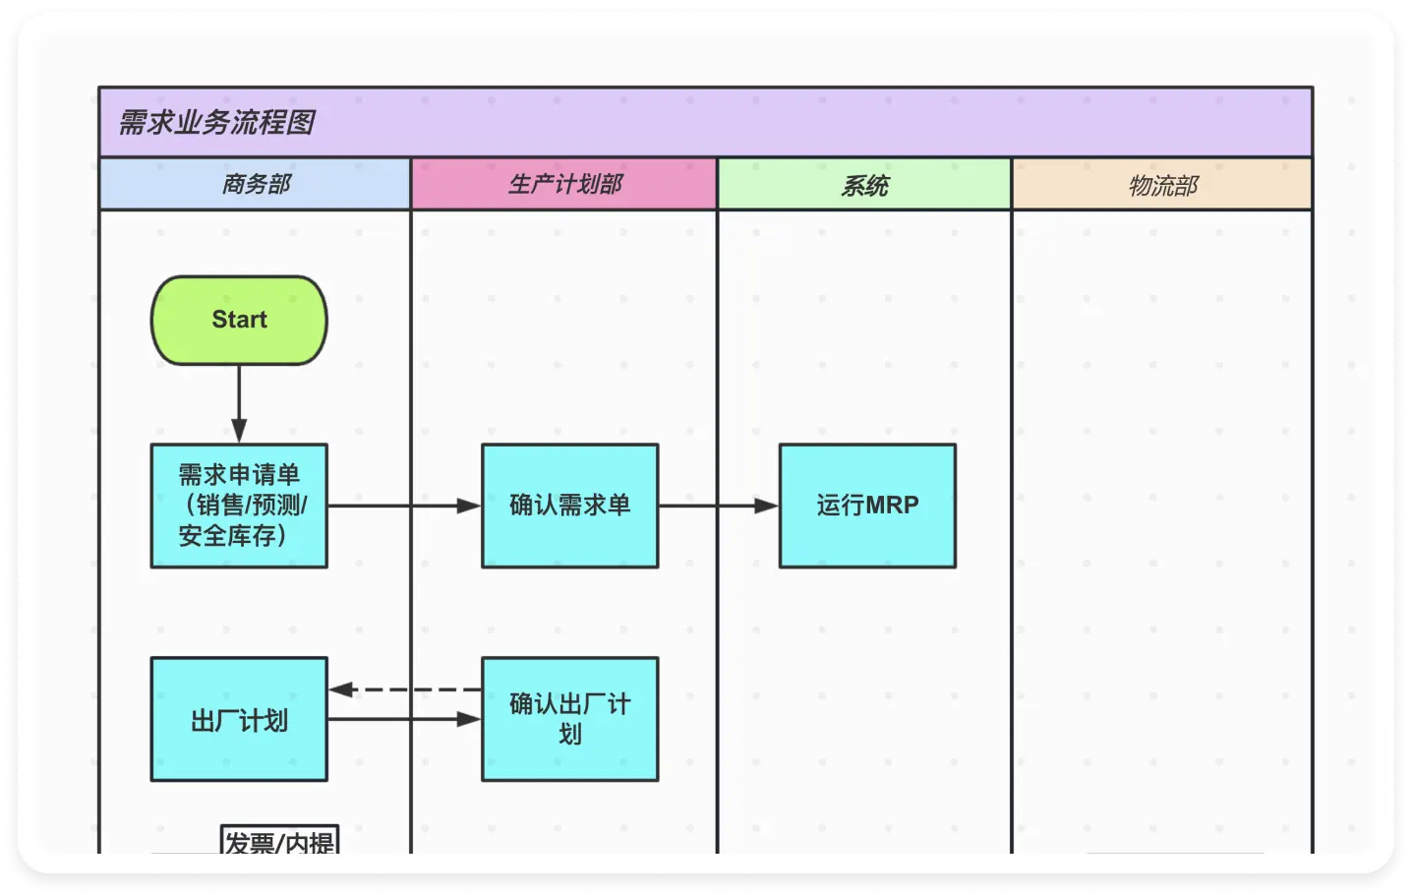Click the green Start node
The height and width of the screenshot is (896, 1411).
tap(239, 321)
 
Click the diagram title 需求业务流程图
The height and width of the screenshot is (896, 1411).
tap(216, 123)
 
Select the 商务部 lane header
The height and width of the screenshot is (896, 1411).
tap(255, 184)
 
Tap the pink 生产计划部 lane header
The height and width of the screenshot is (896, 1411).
tap(564, 184)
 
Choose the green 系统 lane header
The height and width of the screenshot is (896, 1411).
tap(864, 185)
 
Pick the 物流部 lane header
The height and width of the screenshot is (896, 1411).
tap(1162, 185)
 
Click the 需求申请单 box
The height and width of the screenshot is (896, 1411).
tap(239, 506)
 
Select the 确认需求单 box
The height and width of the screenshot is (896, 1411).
tap(569, 506)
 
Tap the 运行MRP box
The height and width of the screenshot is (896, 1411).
tap(866, 506)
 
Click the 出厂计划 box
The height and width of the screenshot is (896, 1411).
tap(239, 720)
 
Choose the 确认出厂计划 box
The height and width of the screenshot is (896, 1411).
tap(569, 719)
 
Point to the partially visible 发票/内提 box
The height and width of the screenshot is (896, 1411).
tap(280, 841)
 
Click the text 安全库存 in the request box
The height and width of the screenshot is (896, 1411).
tap(227, 536)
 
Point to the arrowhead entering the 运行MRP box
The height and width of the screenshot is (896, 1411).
tap(766, 506)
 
